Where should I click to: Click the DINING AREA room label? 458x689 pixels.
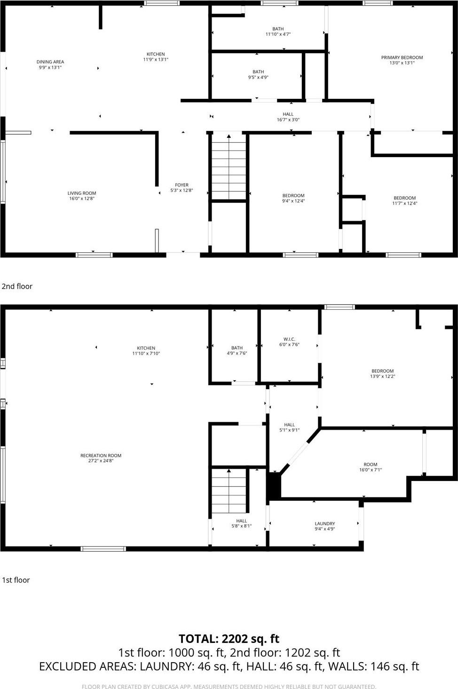[x=50, y=62]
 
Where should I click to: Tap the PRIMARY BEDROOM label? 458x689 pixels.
[x=402, y=57]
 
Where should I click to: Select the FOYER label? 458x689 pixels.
[x=182, y=185]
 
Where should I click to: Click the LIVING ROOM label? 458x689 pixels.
[x=81, y=193]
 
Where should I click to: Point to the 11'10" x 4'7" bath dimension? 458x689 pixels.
[x=278, y=34]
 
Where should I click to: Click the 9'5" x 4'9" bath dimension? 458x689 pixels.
[x=258, y=78]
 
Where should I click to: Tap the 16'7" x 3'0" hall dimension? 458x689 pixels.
[x=288, y=120]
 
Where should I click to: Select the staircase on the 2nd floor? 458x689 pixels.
[x=229, y=167]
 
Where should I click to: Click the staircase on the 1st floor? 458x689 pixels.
[x=229, y=492]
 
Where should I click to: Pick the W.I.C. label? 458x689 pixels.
[x=289, y=339]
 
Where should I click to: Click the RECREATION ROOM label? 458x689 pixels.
[x=101, y=456]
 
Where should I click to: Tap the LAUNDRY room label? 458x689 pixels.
[x=324, y=523]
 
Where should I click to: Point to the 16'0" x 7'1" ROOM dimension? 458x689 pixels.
[x=371, y=470]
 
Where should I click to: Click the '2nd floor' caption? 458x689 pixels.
[x=17, y=286]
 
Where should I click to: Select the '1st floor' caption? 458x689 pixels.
[x=16, y=580]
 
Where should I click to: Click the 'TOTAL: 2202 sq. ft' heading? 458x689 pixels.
[x=229, y=639]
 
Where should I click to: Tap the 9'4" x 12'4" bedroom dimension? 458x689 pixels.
[x=293, y=201]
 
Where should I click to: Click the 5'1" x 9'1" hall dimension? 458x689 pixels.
[x=289, y=430]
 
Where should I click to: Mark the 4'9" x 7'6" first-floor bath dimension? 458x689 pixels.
[x=237, y=353]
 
